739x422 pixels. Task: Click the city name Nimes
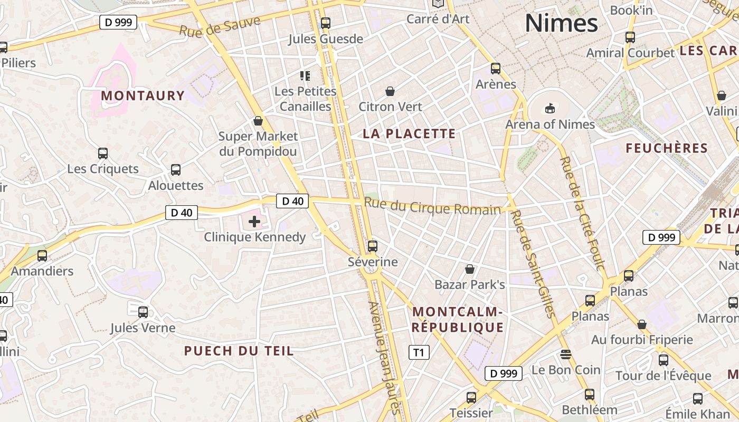tap(561, 23)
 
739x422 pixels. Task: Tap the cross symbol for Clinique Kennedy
tap(254, 222)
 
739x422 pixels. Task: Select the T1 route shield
tap(419, 352)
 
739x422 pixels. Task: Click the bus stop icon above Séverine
tap(373, 246)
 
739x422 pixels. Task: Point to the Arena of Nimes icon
tap(550, 108)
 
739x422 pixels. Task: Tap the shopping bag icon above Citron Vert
tap(390, 91)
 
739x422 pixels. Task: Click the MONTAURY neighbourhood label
tap(143, 95)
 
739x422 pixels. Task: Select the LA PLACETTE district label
tap(409, 133)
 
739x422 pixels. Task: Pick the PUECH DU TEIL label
tap(239, 351)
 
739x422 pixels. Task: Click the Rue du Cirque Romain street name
tap(432, 206)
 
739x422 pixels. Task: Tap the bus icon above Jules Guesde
tap(326, 23)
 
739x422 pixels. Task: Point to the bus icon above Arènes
tap(496, 68)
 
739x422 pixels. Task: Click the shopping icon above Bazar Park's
tap(470, 269)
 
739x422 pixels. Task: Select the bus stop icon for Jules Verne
tap(143, 312)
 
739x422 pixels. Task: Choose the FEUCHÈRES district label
tap(666, 148)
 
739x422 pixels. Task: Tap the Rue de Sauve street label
tap(220, 26)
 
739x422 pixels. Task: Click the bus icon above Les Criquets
tap(103, 154)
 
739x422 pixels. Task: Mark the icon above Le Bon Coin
tap(566, 353)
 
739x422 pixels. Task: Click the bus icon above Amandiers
tap(42, 256)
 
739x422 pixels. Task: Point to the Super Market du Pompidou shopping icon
tap(258, 121)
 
